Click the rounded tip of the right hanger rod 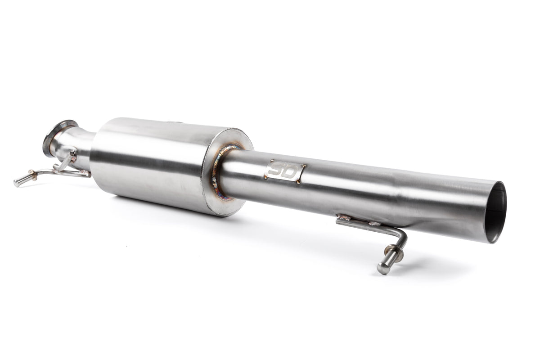[x=382, y=269]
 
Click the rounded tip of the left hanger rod [x=18, y=184]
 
